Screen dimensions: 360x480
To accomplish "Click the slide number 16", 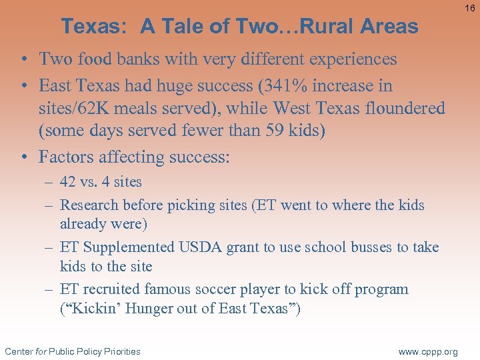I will (x=470, y=7).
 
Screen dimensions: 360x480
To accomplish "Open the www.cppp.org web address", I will (x=427, y=351).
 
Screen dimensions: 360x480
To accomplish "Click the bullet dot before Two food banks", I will (x=23, y=59).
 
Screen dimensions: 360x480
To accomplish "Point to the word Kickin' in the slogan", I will (x=89, y=309).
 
